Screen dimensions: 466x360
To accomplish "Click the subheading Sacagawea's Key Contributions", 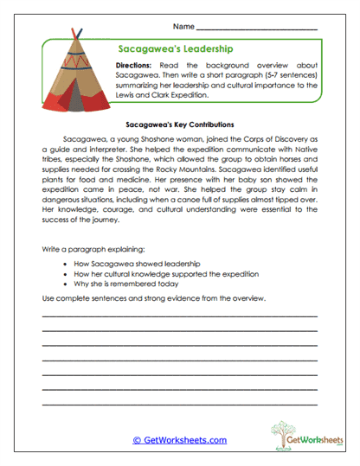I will pyautogui.click(x=180, y=124).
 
